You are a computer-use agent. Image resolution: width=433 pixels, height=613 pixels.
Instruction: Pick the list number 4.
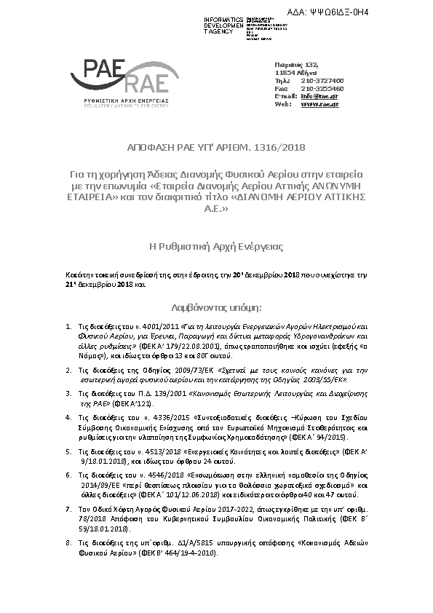[x=68, y=418]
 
